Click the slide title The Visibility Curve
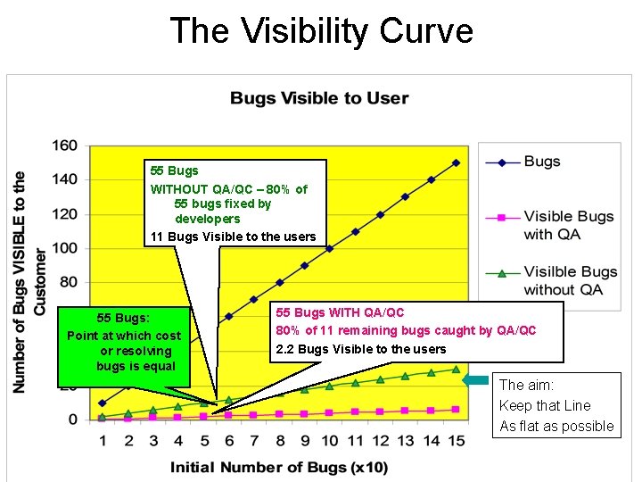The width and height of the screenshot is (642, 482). coord(321,30)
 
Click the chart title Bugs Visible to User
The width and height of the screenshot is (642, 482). coord(319,98)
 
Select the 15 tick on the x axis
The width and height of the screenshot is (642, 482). coord(456,441)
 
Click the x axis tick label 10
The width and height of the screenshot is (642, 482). coord(329,441)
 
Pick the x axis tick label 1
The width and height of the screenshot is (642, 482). coord(102,441)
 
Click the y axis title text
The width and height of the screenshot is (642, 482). coord(29,281)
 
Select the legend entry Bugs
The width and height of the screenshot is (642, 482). coord(542,162)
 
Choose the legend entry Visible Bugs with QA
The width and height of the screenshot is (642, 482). coord(568,225)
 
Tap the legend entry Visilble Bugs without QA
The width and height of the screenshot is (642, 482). coord(570,280)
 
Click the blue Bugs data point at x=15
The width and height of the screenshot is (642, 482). coord(456,162)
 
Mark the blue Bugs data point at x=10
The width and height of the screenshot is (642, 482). coord(329,248)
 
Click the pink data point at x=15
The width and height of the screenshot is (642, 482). coord(456,409)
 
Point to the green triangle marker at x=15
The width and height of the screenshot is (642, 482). coord(456,369)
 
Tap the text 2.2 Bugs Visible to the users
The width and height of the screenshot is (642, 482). coord(361,349)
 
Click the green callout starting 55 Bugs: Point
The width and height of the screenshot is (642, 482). coord(124,342)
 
